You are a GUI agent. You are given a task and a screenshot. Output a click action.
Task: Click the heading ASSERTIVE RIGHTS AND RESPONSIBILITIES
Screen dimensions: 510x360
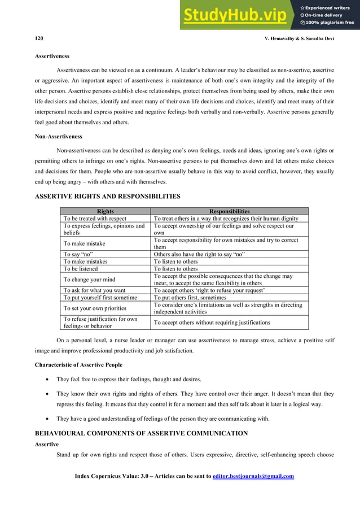tap(108, 197)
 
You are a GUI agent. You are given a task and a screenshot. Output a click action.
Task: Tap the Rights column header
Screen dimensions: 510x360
tap(106, 212)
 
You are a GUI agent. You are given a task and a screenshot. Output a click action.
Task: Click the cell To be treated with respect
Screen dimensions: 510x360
tap(95, 219)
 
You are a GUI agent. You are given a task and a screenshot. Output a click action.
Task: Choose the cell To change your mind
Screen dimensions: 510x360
tap(90, 280)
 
